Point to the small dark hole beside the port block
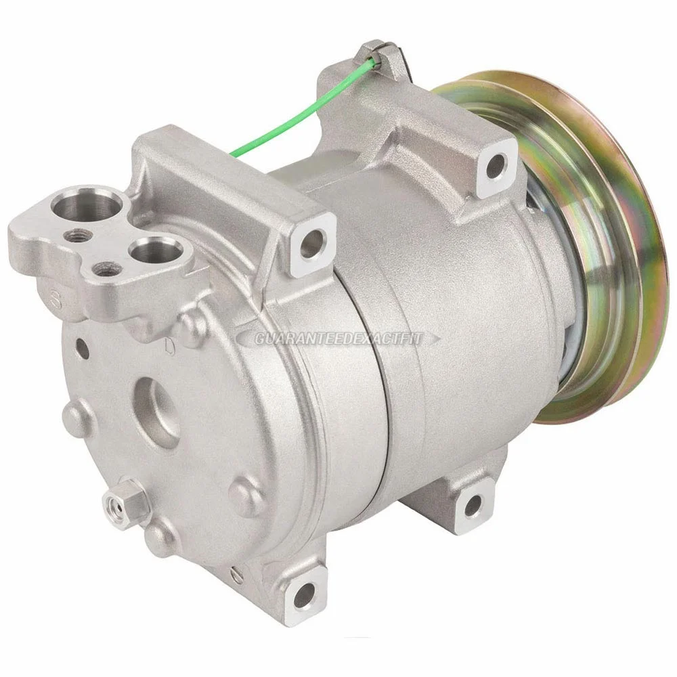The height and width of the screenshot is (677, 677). pyautogui.click(x=81, y=347)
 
